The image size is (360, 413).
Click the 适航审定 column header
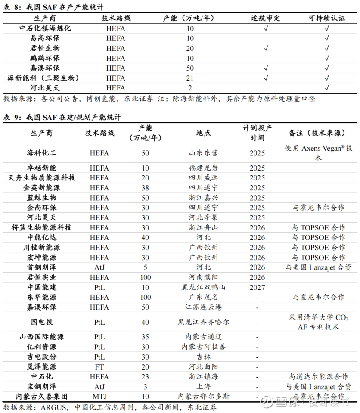[266, 18]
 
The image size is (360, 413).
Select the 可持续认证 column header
[327, 18]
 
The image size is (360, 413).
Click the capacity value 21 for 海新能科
[190, 78]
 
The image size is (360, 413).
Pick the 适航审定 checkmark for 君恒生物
[266, 48]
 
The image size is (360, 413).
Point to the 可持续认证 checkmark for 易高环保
[327, 38]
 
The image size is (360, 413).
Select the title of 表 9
[62, 117]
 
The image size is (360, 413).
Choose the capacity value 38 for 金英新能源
[145, 188]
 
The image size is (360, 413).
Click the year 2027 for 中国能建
[257, 287]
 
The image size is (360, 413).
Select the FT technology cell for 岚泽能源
[99, 367]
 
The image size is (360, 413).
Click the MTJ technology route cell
[99, 397]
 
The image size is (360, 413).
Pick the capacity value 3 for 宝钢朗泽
[145, 387]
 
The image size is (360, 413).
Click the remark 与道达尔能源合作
[318, 377]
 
